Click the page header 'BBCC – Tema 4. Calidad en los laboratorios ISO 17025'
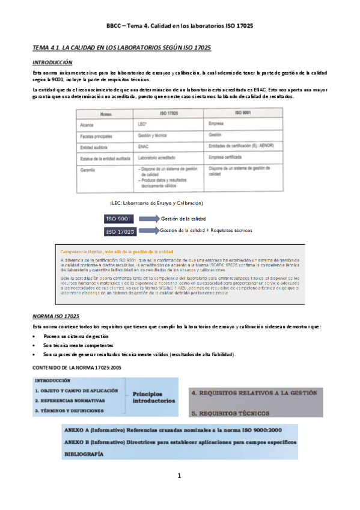179,26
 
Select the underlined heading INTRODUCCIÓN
52,62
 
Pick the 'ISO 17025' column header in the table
166,112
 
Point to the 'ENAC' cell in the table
143,146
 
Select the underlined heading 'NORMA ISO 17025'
56,316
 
